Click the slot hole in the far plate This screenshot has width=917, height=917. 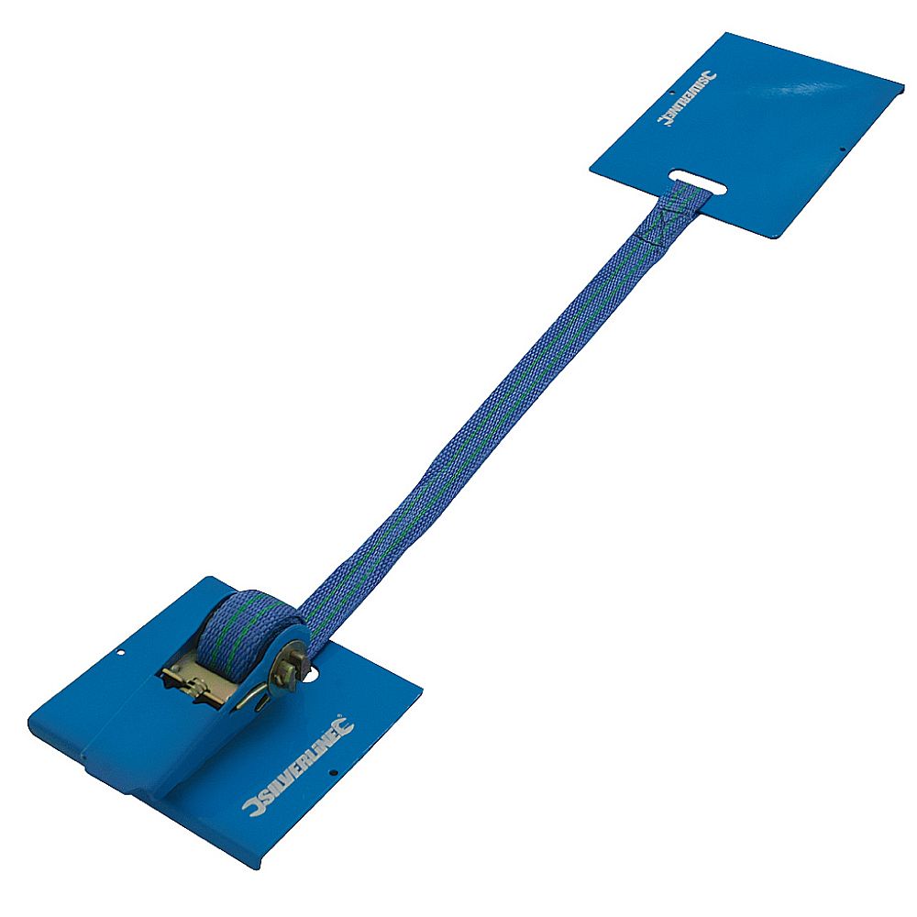[698, 182]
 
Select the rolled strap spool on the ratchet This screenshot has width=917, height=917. [246, 632]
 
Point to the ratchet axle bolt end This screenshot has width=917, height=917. [291, 668]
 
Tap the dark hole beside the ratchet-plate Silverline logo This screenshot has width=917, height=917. [334, 772]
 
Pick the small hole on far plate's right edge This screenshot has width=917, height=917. [842, 149]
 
